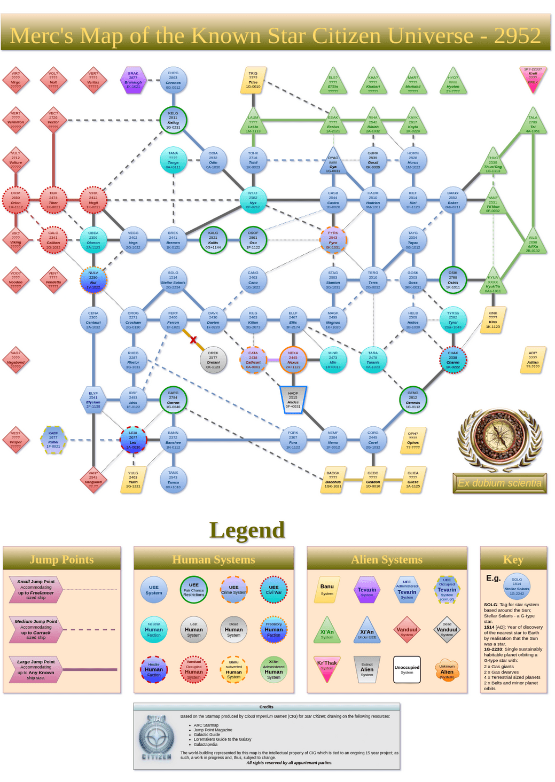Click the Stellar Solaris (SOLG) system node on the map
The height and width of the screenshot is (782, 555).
tap(173, 280)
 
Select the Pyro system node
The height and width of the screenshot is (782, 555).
tap(333, 240)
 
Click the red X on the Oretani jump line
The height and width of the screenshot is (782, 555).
tap(193, 340)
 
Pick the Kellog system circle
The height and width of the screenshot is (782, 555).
tap(173, 120)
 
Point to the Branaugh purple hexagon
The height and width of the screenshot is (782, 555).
tap(133, 80)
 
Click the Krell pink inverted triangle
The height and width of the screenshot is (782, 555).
tap(533, 77)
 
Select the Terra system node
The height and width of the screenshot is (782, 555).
tap(373, 280)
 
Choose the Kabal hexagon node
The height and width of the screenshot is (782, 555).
tap(53, 440)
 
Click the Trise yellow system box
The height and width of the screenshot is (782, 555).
tap(253, 80)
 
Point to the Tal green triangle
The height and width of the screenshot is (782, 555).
tap(533, 123)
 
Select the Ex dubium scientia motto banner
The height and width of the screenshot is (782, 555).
tap(499, 483)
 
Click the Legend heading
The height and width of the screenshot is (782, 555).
tap(247, 530)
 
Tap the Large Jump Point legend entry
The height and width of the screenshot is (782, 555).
tap(36, 669)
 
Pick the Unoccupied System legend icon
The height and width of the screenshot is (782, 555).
tap(407, 669)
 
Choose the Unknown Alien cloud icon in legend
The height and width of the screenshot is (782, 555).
tap(447, 670)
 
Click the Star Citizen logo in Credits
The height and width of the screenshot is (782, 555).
tap(157, 737)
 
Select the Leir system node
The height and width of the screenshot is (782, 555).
tap(133, 440)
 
